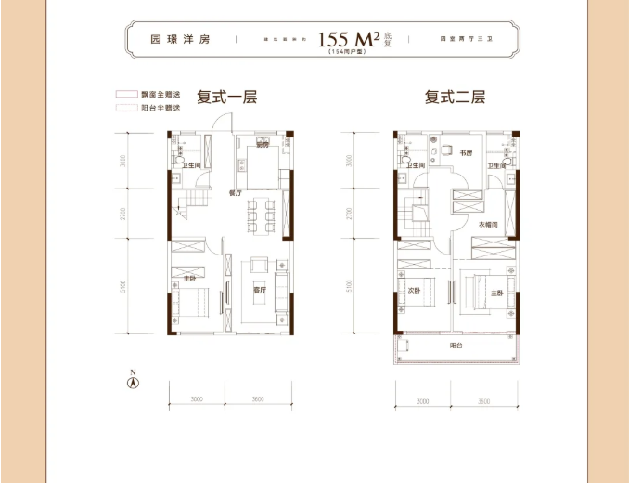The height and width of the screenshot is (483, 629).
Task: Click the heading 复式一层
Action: pos(226,97)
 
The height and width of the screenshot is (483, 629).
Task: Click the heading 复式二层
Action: pos(456,97)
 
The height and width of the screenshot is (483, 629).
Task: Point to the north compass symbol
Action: pos(133,379)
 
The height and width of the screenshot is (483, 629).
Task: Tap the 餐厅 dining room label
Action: pos(235,193)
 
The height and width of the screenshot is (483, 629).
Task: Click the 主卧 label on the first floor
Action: pos(188,277)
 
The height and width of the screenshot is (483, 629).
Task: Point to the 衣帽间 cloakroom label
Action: pos(489,226)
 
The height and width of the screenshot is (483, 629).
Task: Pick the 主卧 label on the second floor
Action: pos(497,294)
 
